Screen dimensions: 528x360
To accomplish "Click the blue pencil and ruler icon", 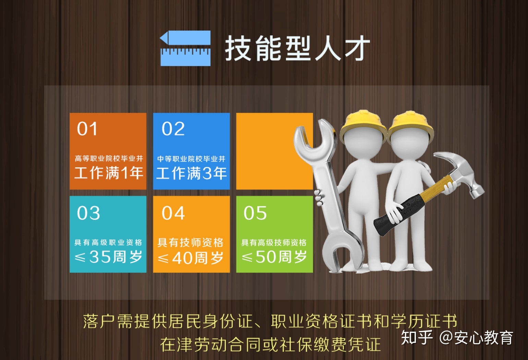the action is (x=185, y=48).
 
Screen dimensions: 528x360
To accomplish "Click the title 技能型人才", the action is (x=297, y=49).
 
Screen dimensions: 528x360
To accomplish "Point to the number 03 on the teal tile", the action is (x=88, y=213).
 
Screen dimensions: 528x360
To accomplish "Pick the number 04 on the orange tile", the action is (x=173, y=213).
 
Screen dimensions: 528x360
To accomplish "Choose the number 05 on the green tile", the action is (x=255, y=213).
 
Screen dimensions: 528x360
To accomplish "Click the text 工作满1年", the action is (x=109, y=173).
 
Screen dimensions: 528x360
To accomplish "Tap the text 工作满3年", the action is (x=191, y=173).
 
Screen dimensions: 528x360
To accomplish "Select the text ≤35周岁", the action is (x=108, y=256).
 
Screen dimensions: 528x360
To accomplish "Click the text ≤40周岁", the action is (x=191, y=258).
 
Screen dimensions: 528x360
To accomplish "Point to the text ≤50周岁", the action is (x=274, y=256).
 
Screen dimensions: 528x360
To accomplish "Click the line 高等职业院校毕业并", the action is (x=109, y=158).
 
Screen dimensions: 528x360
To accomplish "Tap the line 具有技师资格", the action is (x=190, y=242).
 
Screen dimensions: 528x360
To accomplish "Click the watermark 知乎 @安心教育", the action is (x=457, y=337).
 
